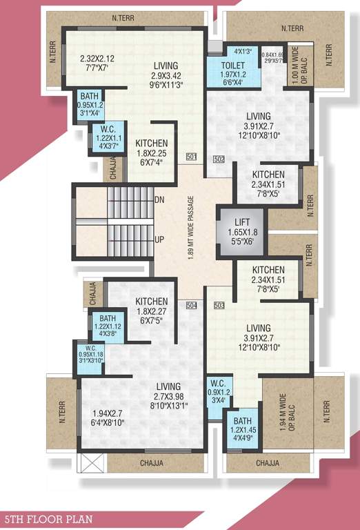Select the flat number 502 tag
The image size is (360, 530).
pyautogui.click(x=219, y=159)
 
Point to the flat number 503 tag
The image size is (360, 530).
pyautogui.click(x=219, y=304)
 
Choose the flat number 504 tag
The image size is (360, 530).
pyautogui.click(x=192, y=304)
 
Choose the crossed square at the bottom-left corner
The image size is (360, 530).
pyautogui.click(x=92, y=462)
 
